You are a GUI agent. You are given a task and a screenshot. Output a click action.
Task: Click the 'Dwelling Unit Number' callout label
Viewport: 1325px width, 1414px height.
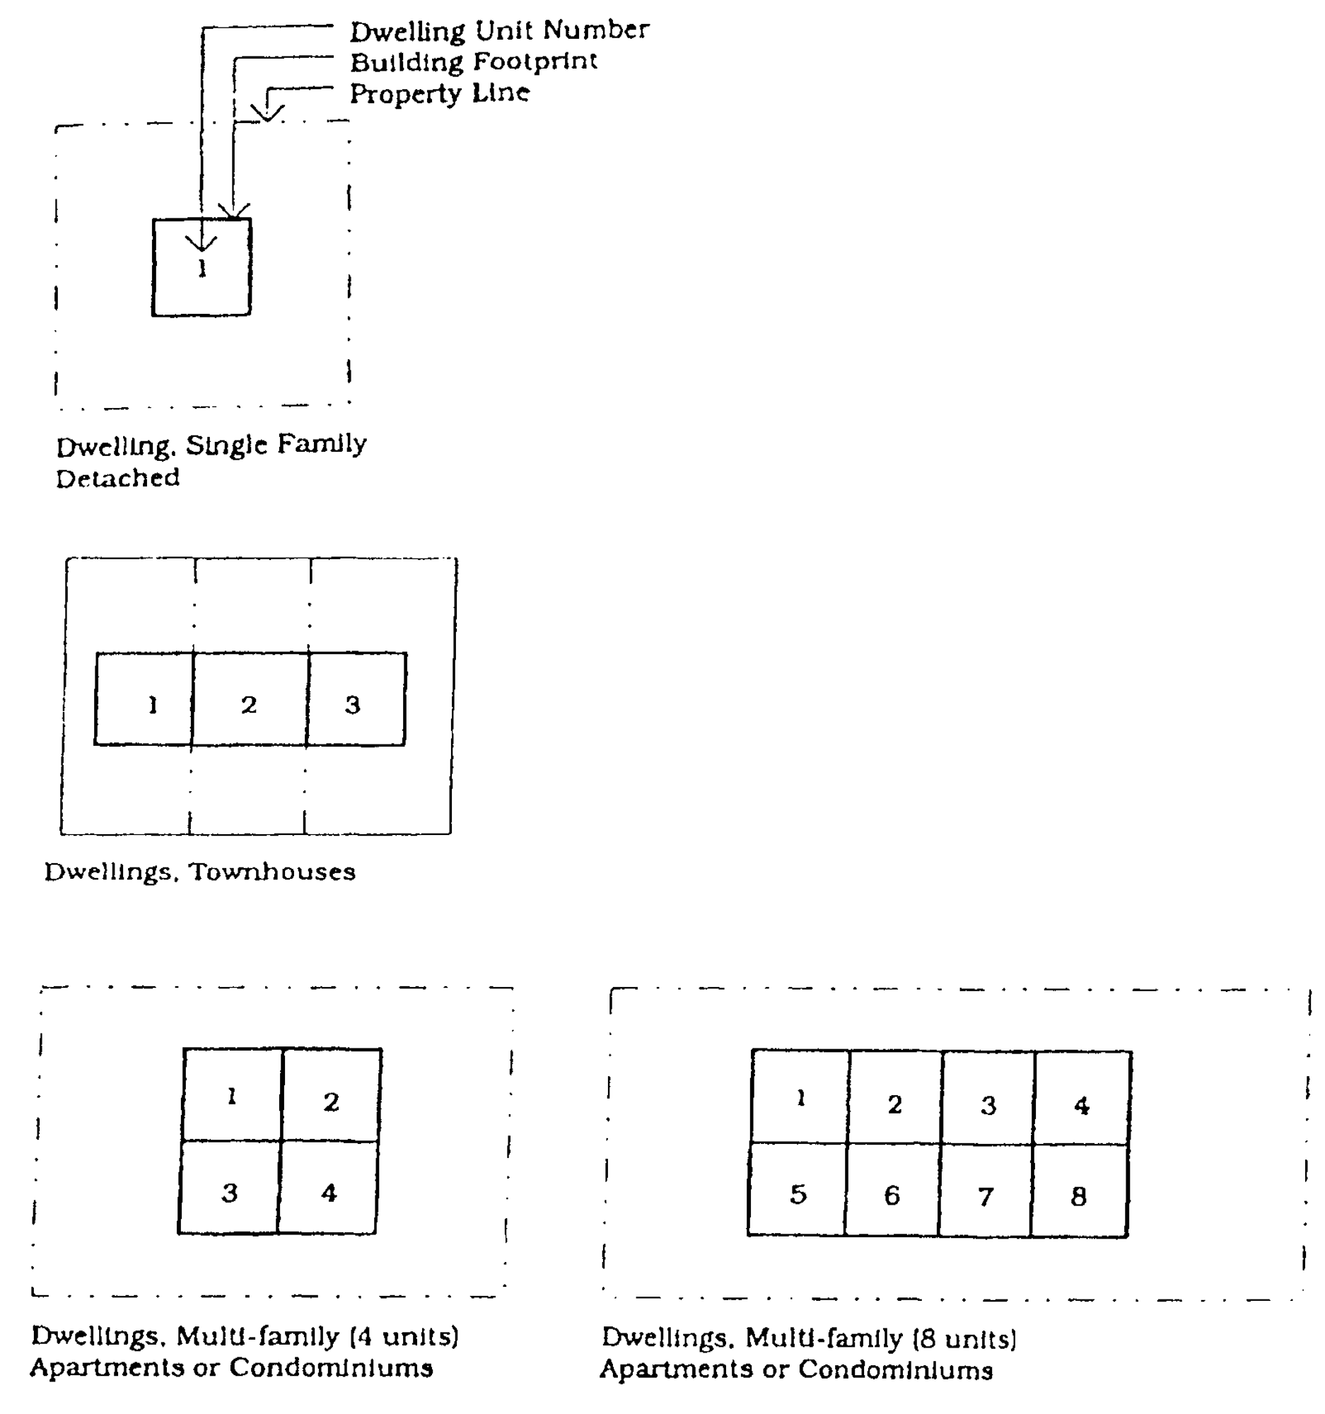499,30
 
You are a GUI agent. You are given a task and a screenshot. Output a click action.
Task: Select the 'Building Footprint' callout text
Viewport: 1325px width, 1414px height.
474,62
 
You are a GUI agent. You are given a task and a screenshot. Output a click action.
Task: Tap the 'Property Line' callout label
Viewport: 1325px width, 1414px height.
440,93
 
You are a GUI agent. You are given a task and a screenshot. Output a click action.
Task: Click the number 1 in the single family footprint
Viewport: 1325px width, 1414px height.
203,268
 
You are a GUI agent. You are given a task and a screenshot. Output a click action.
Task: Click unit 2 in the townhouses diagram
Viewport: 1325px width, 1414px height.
248,704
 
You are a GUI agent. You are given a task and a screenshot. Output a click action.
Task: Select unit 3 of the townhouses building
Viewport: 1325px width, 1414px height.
353,704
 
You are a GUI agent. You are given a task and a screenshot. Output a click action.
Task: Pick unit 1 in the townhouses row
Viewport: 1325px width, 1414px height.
153,705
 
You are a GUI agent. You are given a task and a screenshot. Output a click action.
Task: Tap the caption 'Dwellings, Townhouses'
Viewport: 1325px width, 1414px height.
200,872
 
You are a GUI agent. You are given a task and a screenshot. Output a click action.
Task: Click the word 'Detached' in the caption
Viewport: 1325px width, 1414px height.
118,478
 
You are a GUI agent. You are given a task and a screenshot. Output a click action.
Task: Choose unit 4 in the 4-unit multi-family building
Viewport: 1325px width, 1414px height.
329,1192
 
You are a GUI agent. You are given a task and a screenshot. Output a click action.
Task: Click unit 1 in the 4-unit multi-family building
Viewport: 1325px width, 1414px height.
232,1096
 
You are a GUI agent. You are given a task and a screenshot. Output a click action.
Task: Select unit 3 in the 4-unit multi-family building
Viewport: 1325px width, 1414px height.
229,1192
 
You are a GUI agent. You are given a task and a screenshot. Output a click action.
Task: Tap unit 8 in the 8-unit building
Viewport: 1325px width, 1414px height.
1078,1196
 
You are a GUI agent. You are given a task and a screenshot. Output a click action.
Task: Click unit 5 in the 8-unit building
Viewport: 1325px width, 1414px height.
798,1193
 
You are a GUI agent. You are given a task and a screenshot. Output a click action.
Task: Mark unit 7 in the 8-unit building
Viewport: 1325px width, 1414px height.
985,1196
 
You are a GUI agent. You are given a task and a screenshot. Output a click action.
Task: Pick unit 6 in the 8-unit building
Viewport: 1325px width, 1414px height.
892,1195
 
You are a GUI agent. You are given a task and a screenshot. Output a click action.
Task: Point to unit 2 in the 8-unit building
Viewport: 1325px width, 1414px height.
894,1104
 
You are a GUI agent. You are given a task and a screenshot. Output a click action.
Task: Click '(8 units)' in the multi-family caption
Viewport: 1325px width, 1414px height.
964,1338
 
